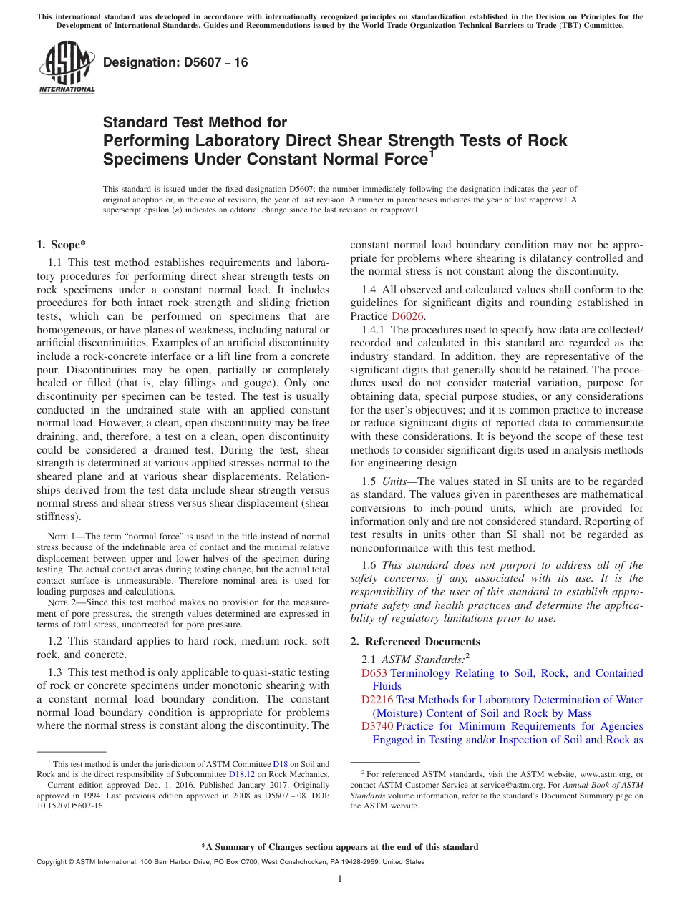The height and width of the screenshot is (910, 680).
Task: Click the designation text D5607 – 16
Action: (x=175, y=63)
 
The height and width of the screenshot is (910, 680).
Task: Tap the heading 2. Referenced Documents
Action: (x=415, y=641)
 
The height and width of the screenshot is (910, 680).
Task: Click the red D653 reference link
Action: (x=374, y=673)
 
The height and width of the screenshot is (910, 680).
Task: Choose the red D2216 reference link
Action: (x=377, y=700)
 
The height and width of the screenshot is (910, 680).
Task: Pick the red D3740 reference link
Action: (x=377, y=726)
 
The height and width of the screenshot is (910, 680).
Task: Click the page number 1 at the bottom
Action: (x=340, y=879)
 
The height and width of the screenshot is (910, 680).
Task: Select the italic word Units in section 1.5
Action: (x=395, y=481)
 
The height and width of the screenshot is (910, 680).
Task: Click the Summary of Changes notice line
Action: (x=340, y=847)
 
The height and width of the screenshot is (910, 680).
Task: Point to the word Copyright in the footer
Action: (x=53, y=862)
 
